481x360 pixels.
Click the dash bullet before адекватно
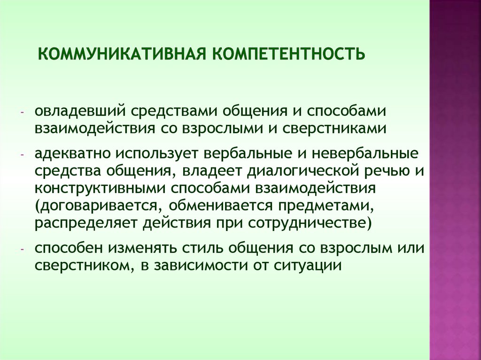(x=22, y=156)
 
